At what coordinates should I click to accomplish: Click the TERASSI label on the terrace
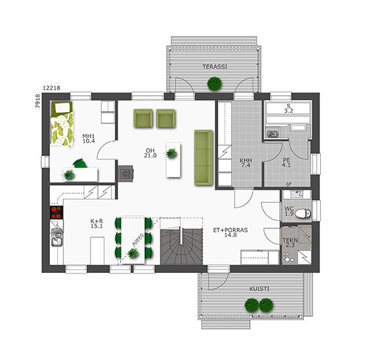click(x=215, y=67)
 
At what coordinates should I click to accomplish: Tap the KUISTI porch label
click(x=259, y=289)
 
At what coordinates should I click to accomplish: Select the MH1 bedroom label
click(x=88, y=136)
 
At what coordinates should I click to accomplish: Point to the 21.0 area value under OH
click(x=150, y=155)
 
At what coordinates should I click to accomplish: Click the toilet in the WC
click(x=303, y=213)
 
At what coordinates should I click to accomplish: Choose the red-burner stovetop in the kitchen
click(x=56, y=212)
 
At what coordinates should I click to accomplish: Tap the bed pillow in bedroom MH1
click(x=63, y=107)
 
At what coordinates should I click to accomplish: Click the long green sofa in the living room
click(x=203, y=158)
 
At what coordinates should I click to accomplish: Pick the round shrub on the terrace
click(x=215, y=84)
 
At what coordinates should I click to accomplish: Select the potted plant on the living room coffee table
click(x=172, y=153)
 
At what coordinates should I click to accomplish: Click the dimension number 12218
click(x=51, y=88)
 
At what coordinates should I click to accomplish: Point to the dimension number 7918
click(x=37, y=101)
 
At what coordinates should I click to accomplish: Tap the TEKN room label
click(x=290, y=240)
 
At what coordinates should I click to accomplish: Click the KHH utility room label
click(x=246, y=161)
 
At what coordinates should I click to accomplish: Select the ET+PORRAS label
click(x=230, y=230)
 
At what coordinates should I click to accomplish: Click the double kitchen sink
click(x=57, y=237)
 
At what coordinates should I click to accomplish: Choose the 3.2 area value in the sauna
click(x=288, y=111)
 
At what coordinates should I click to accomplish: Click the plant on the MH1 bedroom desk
click(x=69, y=175)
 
